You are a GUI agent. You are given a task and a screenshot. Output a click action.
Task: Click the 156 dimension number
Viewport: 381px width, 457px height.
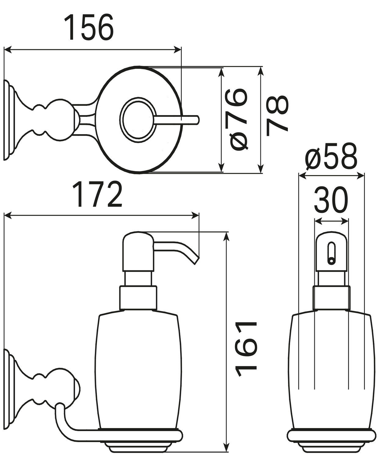point(89,27)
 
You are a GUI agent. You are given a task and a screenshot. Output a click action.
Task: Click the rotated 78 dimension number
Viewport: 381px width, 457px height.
point(277,116)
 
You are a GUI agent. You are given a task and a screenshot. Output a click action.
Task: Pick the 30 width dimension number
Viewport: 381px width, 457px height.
point(331,200)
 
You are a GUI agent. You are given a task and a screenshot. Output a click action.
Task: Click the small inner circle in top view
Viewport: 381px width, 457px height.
point(138,120)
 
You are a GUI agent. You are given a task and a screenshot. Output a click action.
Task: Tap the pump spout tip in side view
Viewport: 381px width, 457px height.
point(196,261)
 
